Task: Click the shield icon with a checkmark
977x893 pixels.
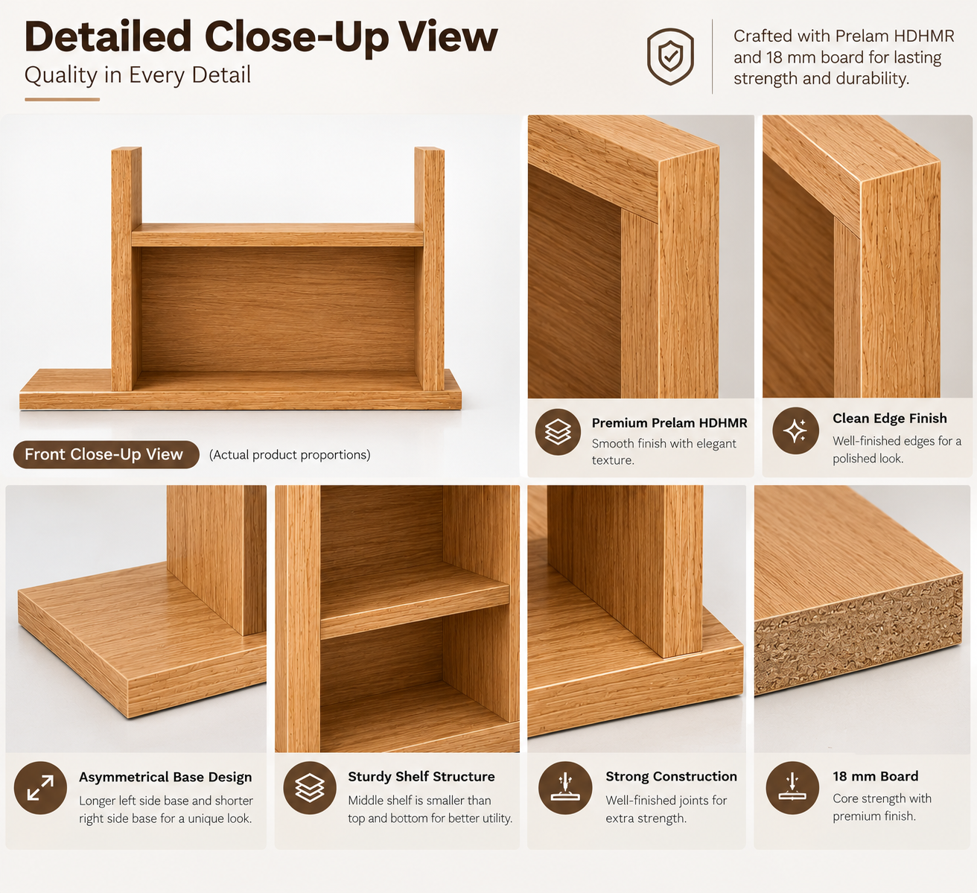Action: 670,57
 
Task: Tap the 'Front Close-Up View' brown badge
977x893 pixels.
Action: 106,454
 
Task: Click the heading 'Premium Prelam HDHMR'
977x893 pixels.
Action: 669,423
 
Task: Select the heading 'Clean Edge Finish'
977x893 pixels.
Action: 889,419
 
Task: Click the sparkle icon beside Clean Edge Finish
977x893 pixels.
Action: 795,431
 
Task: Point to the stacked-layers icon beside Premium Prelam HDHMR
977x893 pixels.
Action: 558,432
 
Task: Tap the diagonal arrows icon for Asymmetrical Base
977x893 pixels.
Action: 40,788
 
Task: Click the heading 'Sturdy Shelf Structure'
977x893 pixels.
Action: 421,777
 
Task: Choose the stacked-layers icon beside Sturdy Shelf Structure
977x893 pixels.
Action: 310,788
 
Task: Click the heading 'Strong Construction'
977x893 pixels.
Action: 671,777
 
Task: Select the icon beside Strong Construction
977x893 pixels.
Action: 565,788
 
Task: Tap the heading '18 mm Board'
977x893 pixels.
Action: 875,776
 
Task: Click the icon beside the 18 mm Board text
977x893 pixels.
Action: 792,788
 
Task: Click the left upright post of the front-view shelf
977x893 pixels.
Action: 126,269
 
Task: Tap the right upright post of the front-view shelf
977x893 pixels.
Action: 430,269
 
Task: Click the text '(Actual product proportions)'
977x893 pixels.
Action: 290,455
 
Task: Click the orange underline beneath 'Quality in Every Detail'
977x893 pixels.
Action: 63,99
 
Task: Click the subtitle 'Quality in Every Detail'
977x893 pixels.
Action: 138,75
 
